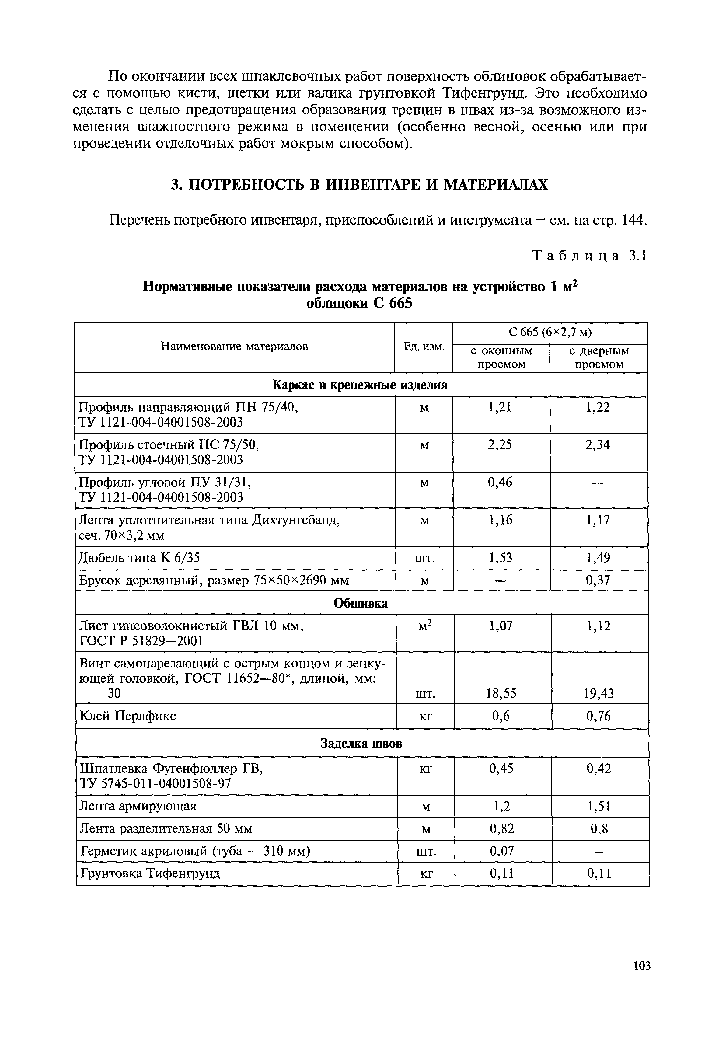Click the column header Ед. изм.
(x=424, y=347)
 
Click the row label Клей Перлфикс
(x=128, y=716)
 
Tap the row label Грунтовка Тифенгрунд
(x=150, y=873)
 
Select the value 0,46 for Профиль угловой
(x=500, y=482)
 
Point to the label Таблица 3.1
(x=590, y=256)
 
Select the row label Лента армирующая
(x=138, y=806)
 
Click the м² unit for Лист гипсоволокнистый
(x=425, y=626)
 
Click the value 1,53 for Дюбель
(x=501, y=558)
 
